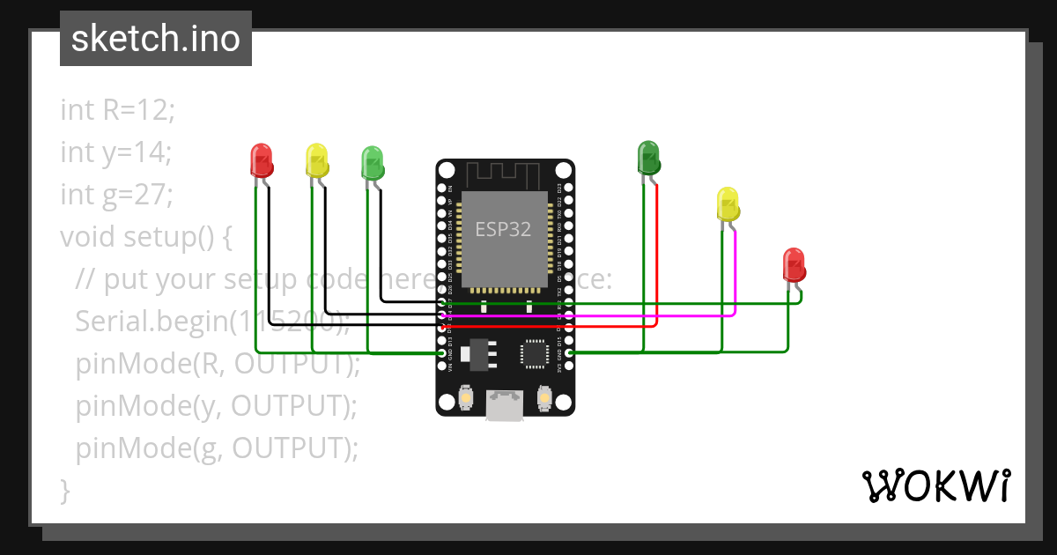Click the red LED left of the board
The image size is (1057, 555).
[262, 160]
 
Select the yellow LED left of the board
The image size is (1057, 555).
[316, 160]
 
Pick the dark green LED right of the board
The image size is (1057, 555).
[648, 157]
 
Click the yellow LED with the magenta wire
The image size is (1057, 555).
[728, 203]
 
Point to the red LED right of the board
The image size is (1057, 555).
[794, 265]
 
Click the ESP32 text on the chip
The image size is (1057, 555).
[504, 229]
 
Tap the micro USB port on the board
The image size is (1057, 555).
[505, 407]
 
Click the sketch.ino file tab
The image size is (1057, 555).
[155, 39]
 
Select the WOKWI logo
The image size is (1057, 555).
[935, 485]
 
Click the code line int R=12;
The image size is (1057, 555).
[118, 110]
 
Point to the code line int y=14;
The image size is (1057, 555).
[115, 152]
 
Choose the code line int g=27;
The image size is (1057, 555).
[116, 194]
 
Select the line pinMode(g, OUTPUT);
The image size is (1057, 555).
[217, 448]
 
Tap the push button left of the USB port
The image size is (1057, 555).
[464, 399]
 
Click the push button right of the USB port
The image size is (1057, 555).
[545, 399]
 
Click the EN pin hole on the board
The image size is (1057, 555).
[442, 189]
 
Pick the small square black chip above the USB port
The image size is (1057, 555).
[534, 353]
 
